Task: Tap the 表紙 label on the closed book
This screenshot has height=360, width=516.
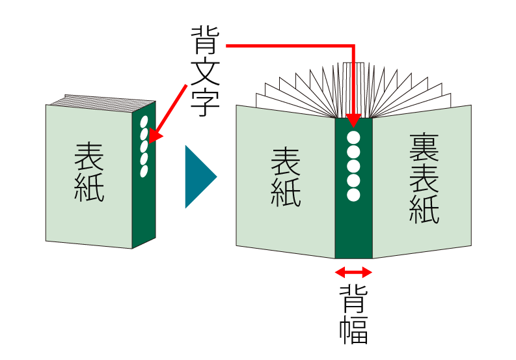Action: [89, 173]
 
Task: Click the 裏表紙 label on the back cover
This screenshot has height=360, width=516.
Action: [424, 178]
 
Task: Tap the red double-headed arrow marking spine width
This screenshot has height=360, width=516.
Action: [353, 272]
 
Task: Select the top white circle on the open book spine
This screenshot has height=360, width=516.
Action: [353, 137]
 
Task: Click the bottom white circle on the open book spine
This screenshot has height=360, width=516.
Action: [353, 195]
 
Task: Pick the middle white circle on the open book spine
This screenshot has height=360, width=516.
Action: [353, 166]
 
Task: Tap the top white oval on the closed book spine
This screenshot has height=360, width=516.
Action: [144, 122]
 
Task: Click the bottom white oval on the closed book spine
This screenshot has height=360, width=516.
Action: [144, 171]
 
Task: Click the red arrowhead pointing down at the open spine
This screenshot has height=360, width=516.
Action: [353, 121]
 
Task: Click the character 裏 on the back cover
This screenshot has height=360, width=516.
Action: [424, 148]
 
